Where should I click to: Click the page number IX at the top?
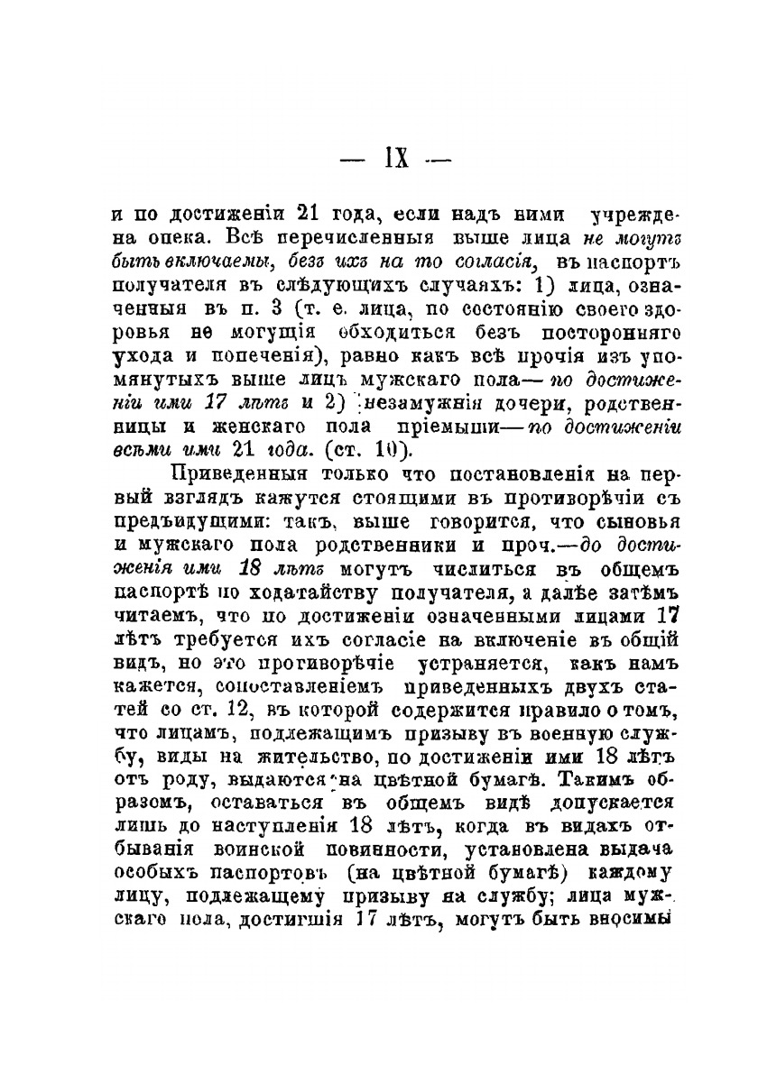point(396,160)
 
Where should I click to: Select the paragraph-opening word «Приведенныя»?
point(235,475)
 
